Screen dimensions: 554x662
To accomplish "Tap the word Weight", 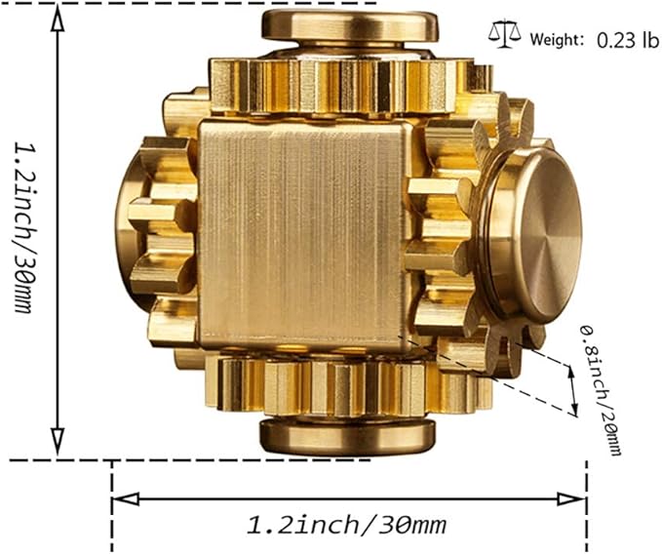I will pyautogui.click(x=557, y=40).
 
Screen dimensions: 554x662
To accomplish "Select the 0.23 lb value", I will pyautogui.click(x=620, y=40).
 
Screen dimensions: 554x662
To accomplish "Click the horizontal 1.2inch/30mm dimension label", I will pyautogui.click(x=340, y=527).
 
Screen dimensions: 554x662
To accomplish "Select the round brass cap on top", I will pyautogui.click(x=348, y=28).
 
